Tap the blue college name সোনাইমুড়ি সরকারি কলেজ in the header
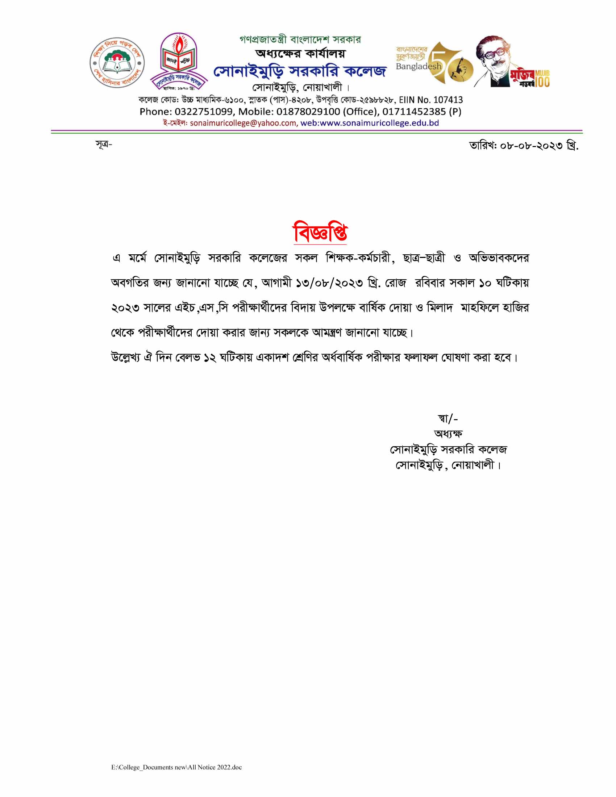[x=299, y=71]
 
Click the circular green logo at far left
[x=117, y=62]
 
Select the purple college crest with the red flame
[x=179, y=60]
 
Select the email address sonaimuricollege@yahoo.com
[x=243, y=123]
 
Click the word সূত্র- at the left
[x=104, y=145]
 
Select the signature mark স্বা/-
[x=448, y=418]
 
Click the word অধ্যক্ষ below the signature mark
[x=448, y=434]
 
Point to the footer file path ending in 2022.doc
[x=176, y=767]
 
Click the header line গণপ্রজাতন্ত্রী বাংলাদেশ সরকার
[x=300, y=39]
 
